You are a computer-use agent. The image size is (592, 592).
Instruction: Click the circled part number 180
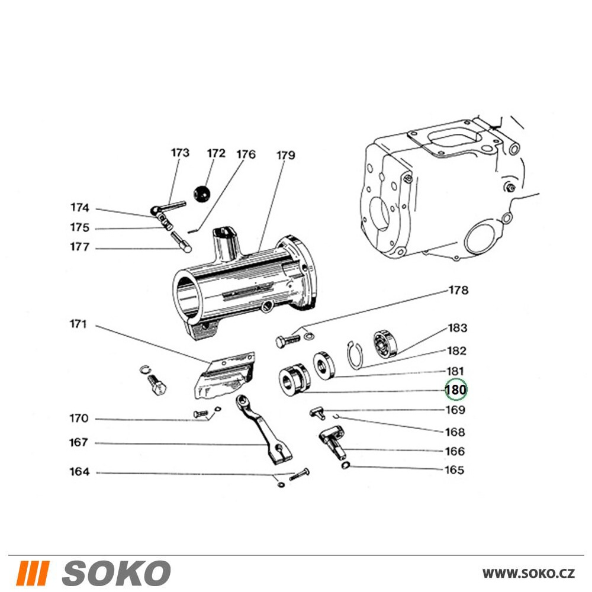click(x=456, y=390)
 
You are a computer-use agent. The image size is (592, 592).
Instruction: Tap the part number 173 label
click(x=180, y=153)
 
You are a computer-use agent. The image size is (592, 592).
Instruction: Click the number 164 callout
click(x=79, y=472)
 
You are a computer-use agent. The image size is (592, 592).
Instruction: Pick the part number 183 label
click(x=457, y=328)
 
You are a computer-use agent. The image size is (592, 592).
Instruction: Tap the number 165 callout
click(x=455, y=471)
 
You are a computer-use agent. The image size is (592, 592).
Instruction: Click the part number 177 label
click(x=79, y=247)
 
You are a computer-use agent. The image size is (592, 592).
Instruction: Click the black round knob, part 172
click(x=202, y=193)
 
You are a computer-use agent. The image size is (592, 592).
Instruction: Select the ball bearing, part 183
click(x=385, y=344)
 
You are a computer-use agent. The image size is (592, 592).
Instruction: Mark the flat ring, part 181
click(x=323, y=365)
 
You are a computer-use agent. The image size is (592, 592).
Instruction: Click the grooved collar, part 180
click(x=292, y=380)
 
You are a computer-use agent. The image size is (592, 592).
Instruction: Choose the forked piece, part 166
click(x=333, y=442)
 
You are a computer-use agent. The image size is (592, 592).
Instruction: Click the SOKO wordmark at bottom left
click(x=116, y=573)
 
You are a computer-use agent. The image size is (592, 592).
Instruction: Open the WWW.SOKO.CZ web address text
click(x=528, y=573)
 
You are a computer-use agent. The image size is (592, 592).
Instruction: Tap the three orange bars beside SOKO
click(x=31, y=573)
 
